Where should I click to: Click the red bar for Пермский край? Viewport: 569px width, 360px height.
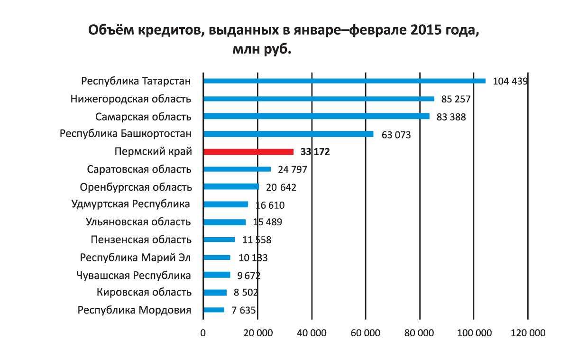pos(248,152)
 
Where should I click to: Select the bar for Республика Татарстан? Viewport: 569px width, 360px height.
pos(344,81)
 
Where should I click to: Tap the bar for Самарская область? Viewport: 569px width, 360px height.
pos(316,116)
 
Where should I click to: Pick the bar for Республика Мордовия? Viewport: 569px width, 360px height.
pos(214,310)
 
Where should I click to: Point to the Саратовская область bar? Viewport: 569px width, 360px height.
pos(237,169)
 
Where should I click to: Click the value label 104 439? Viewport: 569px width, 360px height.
pos(510,81)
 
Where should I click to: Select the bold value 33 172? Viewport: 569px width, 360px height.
pos(315,152)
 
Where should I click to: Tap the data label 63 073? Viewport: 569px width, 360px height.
pos(396,135)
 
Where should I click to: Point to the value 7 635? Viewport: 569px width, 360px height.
pos(244,311)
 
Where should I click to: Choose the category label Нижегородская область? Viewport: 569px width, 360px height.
pos(131,99)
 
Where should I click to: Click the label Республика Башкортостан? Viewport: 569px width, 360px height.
pos(126,134)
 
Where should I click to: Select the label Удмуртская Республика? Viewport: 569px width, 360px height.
pos(131,204)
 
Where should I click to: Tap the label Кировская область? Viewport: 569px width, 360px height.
pos(144,293)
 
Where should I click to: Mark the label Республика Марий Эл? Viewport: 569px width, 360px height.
pos(136,258)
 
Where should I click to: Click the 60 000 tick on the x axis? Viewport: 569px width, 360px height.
pos(366,333)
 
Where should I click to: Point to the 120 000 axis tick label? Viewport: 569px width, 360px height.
pos(528,333)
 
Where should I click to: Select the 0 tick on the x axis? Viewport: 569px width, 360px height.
pos(203,333)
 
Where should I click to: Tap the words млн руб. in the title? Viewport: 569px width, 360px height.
pos(261,49)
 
